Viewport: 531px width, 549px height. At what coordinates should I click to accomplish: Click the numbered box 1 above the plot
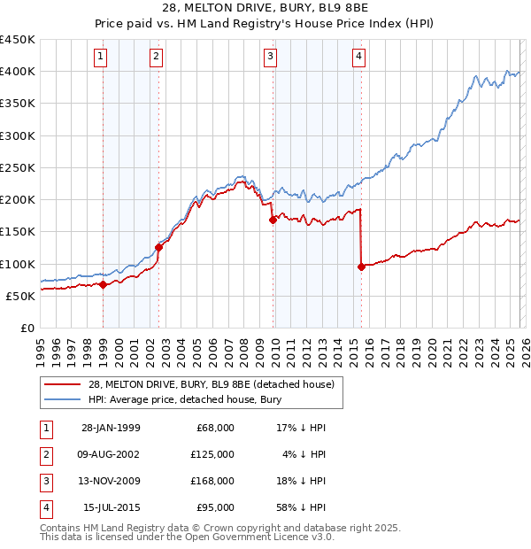101,58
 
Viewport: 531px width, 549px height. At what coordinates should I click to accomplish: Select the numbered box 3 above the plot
270,58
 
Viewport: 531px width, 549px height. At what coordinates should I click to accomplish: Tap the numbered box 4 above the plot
358,58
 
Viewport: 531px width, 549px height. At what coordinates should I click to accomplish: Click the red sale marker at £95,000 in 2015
361,267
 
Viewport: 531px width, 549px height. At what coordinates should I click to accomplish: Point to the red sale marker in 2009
273,220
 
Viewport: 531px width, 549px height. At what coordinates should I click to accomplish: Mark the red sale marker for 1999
103,284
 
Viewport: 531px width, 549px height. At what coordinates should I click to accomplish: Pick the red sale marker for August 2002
159,248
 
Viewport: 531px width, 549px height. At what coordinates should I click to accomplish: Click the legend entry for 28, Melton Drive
211,384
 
